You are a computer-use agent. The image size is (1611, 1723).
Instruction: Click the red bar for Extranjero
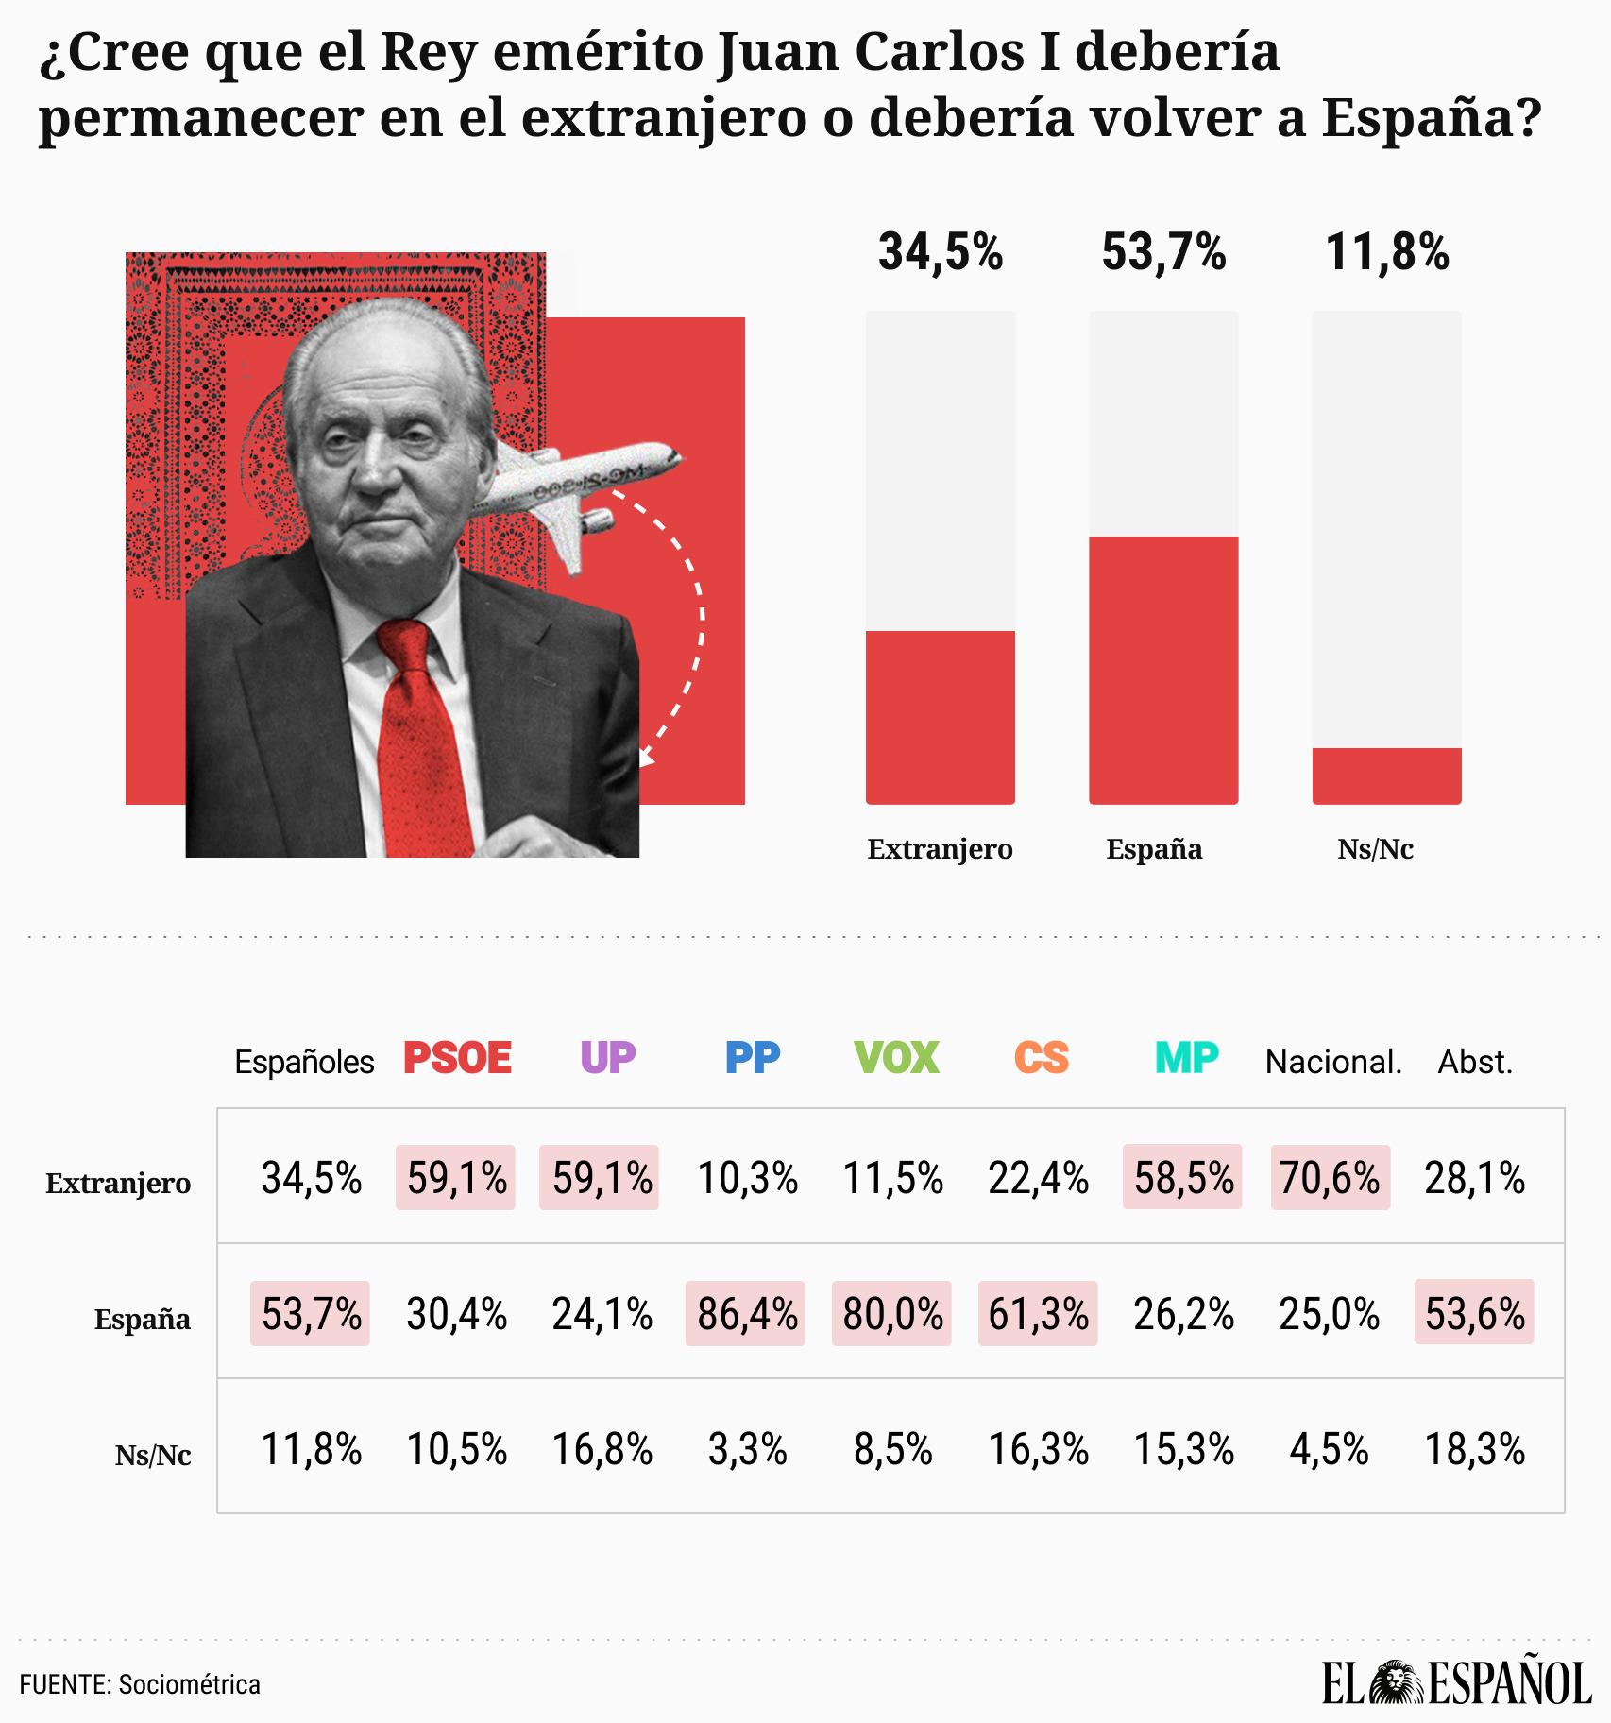click(x=940, y=717)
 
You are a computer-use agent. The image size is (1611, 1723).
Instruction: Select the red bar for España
click(x=1162, y=670)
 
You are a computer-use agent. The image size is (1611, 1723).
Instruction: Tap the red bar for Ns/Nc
click(x=1386, y=776)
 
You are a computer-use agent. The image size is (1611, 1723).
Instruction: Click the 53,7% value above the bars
click(x=1163, y=253)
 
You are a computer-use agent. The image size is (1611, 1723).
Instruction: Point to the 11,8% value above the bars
click(x=1386, y=253)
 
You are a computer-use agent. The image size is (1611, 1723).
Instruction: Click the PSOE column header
click(x=457, y=1058)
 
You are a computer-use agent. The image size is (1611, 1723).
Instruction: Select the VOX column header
click(x=896, y=1058)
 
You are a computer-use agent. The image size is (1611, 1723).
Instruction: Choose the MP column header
click(x=1187, y=1058)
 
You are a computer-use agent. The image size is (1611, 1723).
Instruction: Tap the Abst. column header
click(x=1475, y=1062)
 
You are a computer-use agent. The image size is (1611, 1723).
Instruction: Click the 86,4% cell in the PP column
click(x=746, y=1313)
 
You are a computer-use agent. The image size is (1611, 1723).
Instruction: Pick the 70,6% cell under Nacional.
click(x=1330, y=1178)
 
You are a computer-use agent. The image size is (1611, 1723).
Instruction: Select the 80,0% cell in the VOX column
click(x=892, y=1313)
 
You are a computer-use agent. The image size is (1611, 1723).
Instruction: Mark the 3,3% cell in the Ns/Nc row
click(x=747, y=1449)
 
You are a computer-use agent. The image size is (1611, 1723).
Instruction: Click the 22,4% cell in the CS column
click(x=1038, y=1178)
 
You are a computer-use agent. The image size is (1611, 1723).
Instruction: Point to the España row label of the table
click(x=142, y=1319)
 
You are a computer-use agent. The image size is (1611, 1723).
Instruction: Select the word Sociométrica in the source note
click(x=189, y=1684)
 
